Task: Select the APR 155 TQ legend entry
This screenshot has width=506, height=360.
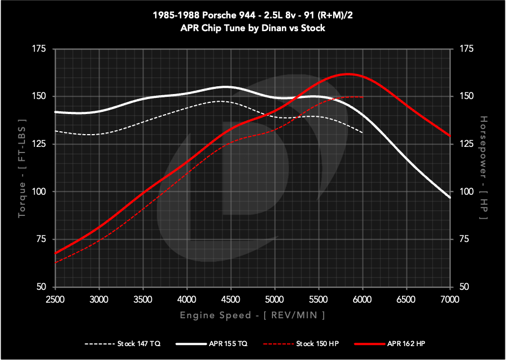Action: click(214, 344)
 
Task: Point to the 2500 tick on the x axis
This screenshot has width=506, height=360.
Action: click(55, 299)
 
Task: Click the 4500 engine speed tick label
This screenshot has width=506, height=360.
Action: click(231, 299)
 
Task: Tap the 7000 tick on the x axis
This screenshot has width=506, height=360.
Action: click(450, 299)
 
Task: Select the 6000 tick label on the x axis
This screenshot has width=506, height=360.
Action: click(363, 299)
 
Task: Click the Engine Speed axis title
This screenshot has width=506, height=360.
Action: click(252, 315)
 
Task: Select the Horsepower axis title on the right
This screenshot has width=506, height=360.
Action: click(483, 167)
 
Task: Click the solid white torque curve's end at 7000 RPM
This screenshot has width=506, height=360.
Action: click(450, 198)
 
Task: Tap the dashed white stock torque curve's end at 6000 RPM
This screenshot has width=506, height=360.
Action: click(363, 132)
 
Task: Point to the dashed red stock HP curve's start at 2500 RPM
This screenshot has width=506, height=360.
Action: click(55, 262)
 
